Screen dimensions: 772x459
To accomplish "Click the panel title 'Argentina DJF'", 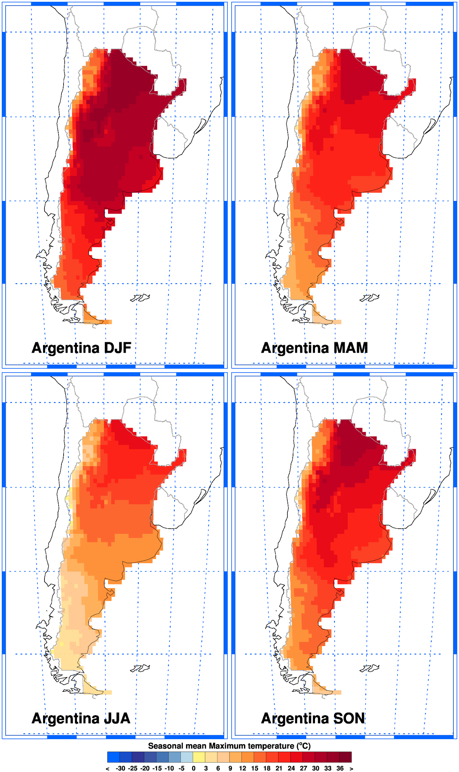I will tap(81, 348).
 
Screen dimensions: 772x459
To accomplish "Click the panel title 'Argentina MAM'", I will tap(314, 348).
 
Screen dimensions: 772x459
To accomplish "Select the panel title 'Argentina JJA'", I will tap(81, 718).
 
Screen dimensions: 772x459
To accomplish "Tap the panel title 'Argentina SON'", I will tap(313, 718).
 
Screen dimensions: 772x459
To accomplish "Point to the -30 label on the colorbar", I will tap(120, 768).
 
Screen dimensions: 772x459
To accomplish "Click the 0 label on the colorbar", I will tap(193, 768).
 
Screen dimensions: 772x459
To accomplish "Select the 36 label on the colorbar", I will tap(340, 768).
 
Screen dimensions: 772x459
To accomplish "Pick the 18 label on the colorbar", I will tap(267, 768).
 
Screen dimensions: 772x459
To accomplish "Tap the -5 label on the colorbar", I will tap(181, 768).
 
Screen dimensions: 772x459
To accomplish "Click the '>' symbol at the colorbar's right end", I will tap(351, 768).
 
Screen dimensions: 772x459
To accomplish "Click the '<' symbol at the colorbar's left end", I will tap(108, 768).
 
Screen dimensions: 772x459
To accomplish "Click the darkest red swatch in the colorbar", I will tap(345, 757).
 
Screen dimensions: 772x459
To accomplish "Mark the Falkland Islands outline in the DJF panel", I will tap(141, 298).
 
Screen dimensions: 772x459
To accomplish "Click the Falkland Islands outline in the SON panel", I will tap(370, 668).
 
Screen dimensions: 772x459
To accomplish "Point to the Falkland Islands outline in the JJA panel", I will tap(141, 668).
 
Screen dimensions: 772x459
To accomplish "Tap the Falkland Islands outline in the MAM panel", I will tap(370, 298).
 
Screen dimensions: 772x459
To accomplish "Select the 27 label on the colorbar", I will tap(303, 768).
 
